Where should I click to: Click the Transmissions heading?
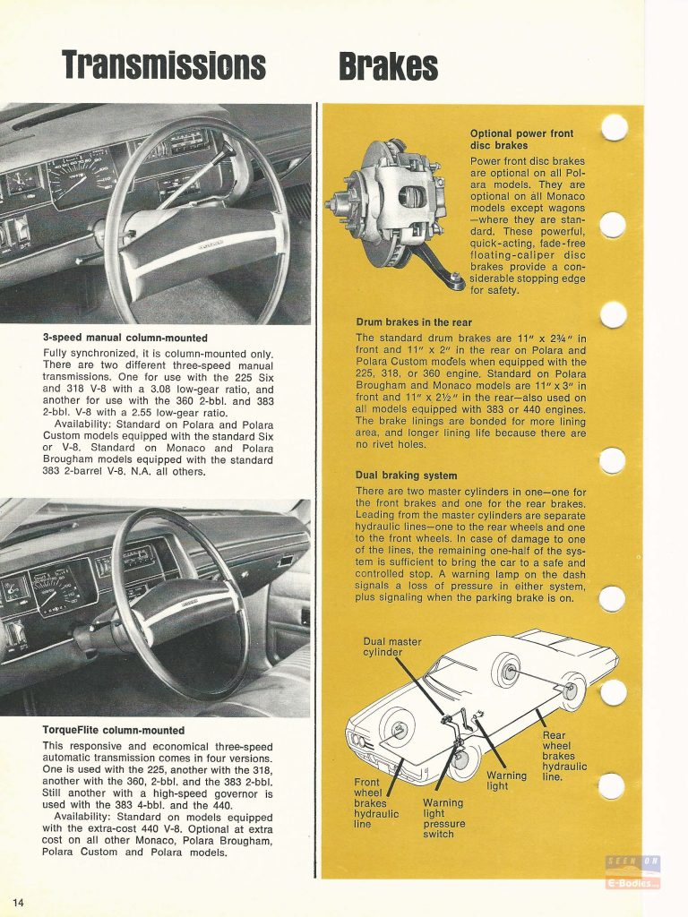click(x=164, y=64)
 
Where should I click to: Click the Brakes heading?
click(x=388, y=65)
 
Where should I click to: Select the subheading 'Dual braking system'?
click(x=406, y=476)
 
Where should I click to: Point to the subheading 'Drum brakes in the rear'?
click(x=415, y=322)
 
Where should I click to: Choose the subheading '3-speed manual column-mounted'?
click(x=125, y=338)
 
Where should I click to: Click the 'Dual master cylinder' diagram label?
click(x=392, y=647)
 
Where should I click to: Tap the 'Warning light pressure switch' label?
click(x=443, y=818)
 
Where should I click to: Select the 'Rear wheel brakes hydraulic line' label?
click(x=564, y=755)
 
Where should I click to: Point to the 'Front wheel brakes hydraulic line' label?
click(x=376, y=803)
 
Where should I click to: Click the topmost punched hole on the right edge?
click(x=613, y=129)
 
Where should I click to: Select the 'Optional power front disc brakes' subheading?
click(x=521, y=140)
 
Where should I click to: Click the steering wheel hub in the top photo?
click(x=192, y=243)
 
